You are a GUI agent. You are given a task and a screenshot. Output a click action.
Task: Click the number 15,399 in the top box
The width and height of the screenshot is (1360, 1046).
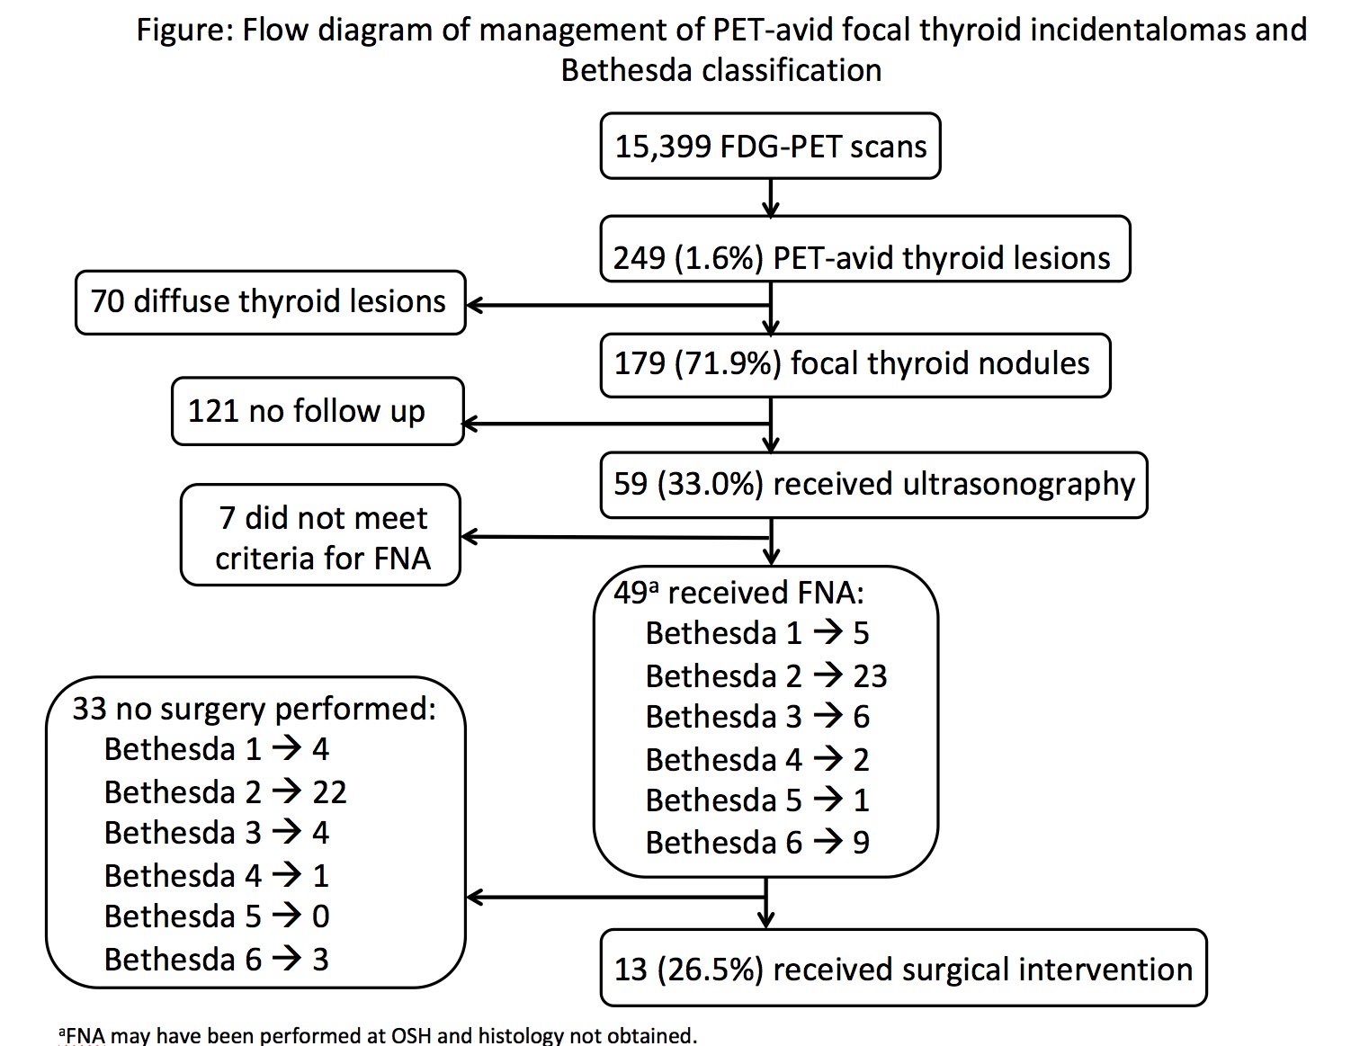663,148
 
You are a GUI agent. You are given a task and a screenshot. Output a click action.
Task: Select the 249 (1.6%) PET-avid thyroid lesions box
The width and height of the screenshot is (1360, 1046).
865,249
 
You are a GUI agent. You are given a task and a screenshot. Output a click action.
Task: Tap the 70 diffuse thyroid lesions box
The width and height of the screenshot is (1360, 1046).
271,303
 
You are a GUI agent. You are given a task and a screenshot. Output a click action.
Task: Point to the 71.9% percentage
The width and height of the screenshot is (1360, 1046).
728,364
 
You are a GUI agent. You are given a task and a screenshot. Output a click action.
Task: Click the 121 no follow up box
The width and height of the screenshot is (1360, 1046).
318,411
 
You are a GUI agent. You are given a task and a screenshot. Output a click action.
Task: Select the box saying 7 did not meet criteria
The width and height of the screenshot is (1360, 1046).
320,535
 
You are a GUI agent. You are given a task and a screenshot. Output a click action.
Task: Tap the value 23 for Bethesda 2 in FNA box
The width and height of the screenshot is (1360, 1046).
870,676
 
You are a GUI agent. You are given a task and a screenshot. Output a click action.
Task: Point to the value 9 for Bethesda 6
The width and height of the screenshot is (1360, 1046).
861,843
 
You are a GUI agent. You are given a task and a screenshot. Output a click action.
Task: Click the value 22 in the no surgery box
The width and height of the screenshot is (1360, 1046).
329,792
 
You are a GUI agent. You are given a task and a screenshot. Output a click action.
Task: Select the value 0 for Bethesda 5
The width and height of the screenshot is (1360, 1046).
320,916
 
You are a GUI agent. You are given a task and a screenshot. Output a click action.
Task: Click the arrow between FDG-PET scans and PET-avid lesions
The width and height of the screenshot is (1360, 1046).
771,198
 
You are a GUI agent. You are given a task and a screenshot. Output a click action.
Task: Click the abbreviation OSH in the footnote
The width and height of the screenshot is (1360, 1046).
411,1035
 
